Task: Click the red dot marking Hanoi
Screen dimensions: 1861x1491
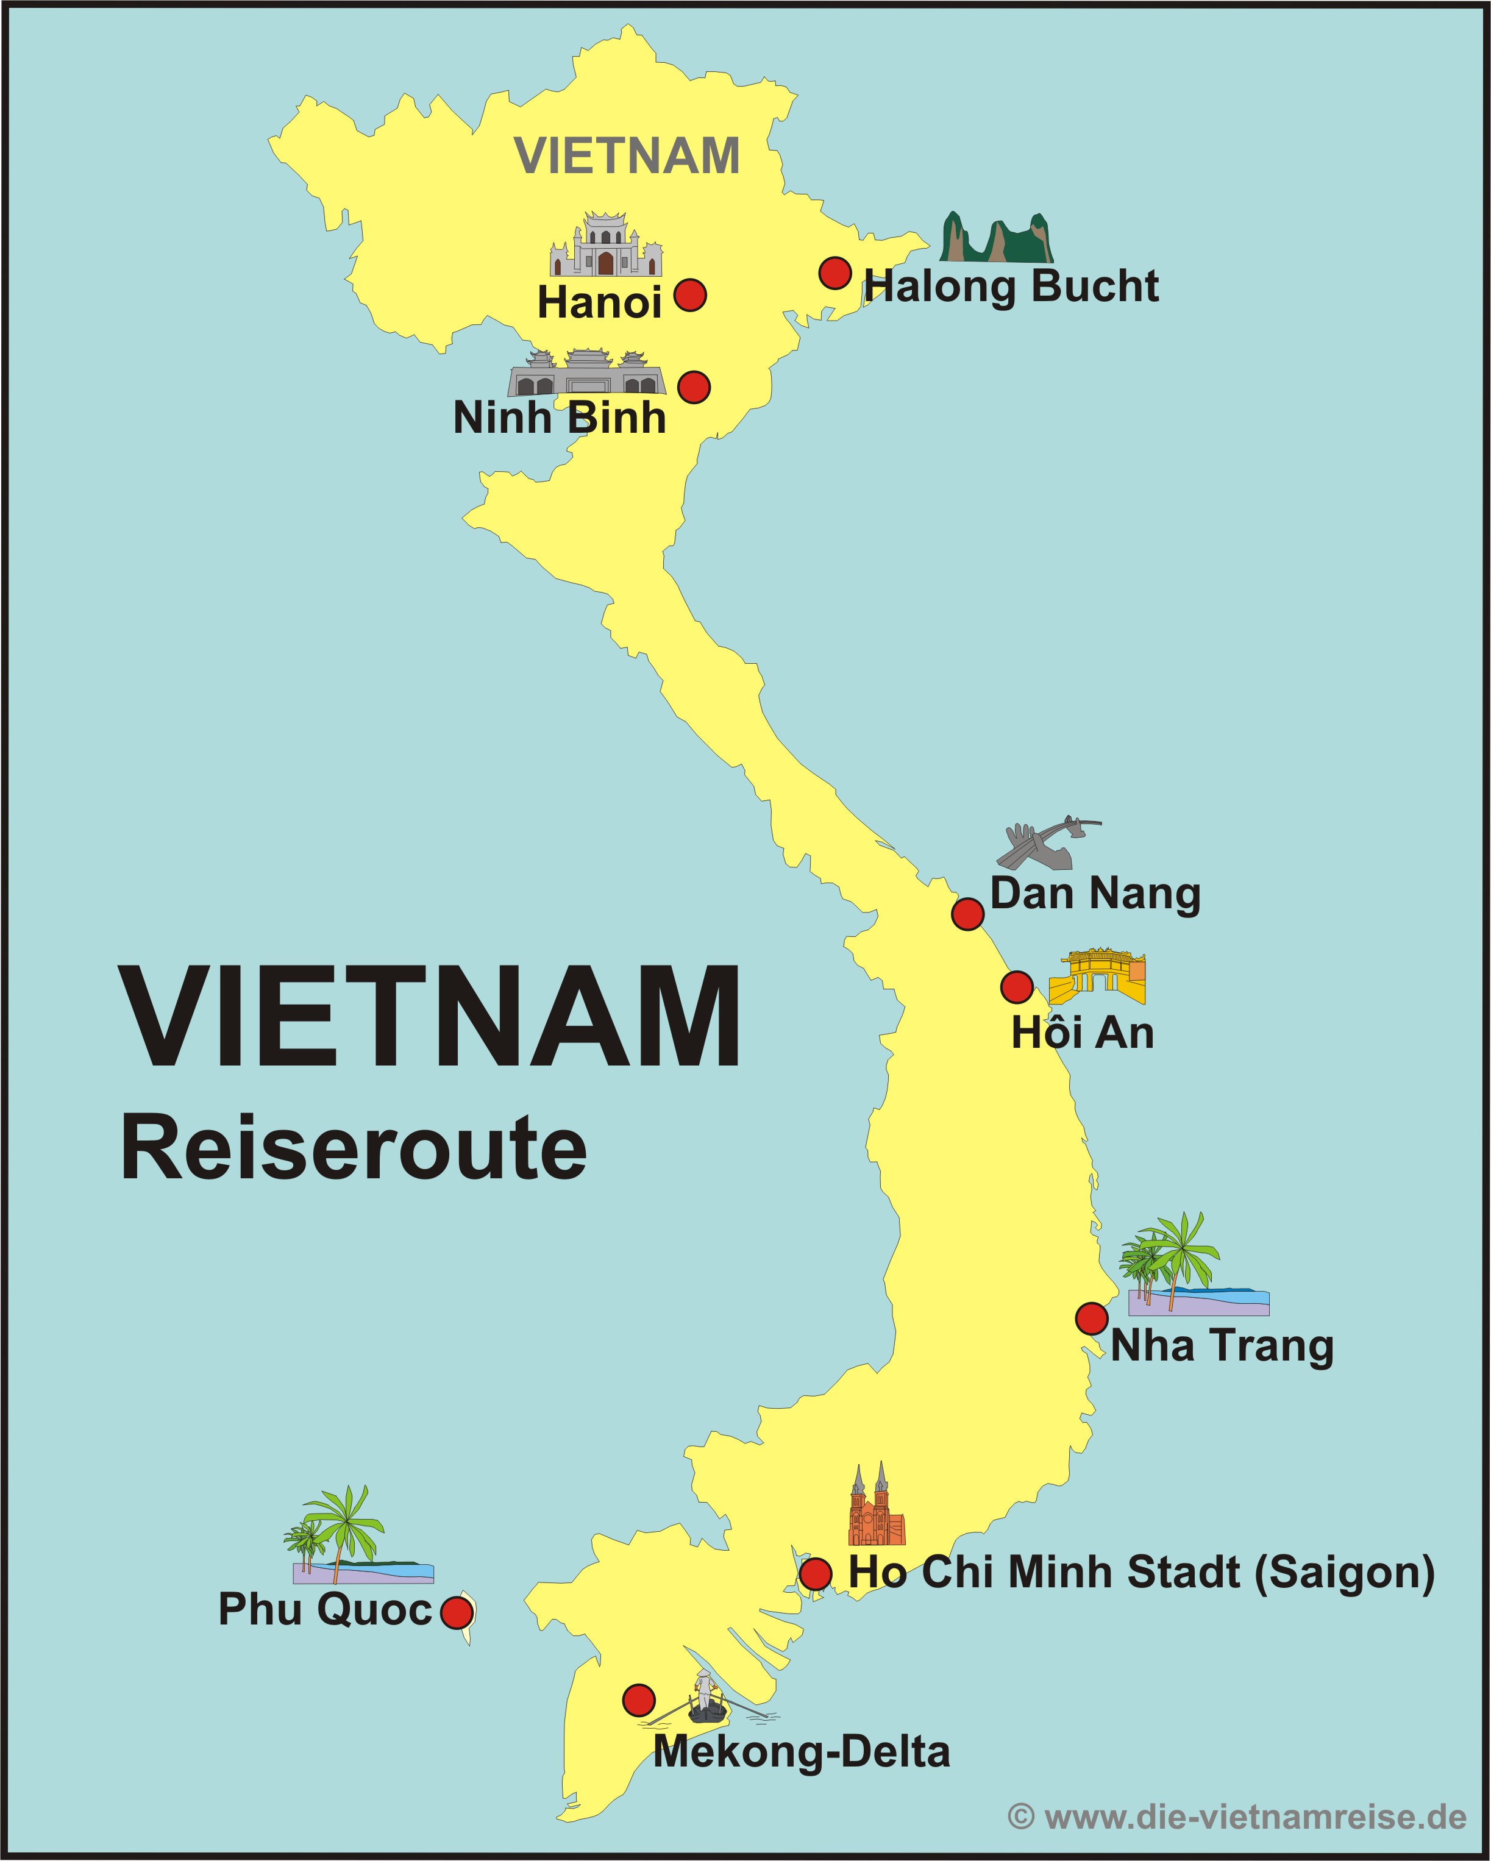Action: click(690, 295)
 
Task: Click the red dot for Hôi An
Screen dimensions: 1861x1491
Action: click(1017, 987)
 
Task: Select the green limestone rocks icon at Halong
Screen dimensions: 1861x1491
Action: click(996, 238)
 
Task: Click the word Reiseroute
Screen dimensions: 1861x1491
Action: click(354, 1148)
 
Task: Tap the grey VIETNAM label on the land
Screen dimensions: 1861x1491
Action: click(627, 156)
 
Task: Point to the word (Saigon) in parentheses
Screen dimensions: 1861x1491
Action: click(1344, 1572)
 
